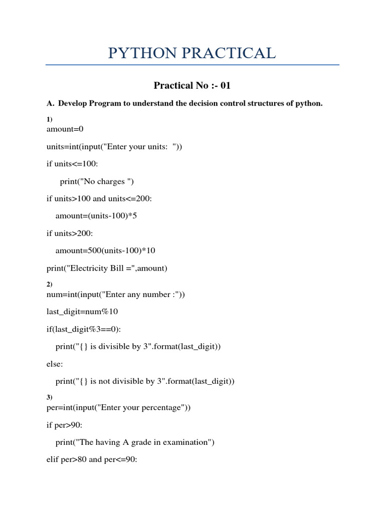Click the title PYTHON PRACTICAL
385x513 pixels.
(192, 53)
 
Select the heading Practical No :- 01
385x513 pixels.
(192, 85)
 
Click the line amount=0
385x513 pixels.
(65, 129)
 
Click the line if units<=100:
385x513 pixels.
(72, 164)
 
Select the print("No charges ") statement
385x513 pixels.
(97, 181)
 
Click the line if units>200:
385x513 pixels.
(70, 233)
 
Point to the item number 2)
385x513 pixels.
(49, 284)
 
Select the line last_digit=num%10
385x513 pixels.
(82, 312)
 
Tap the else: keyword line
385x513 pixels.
(55, 364)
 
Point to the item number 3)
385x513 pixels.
(49, 397)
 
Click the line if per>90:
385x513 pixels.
(65, 425)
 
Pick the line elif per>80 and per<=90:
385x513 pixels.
(92, 459)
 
